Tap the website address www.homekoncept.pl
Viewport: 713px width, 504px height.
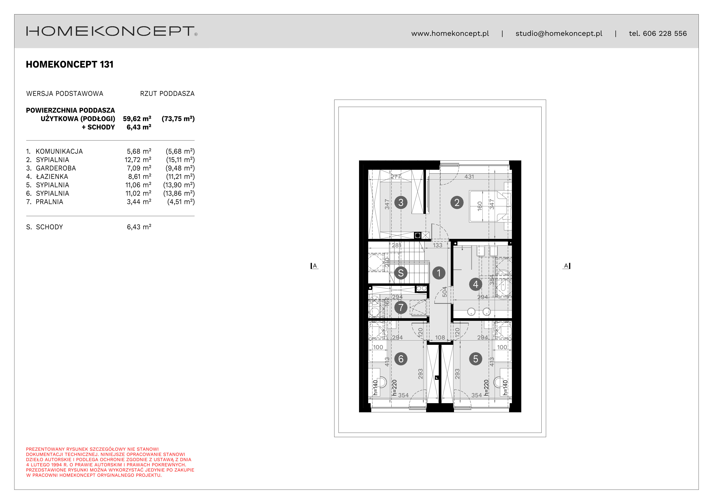pos(450,34)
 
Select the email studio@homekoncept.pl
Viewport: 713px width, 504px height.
pos(559,34)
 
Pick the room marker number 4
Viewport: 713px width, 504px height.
pos(476,284)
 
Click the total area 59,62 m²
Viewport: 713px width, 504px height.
pos(137,119)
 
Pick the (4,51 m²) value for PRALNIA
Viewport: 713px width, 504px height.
pos(181,202)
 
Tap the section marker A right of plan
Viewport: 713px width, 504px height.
pos(566,266)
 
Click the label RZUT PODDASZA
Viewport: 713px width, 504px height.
pos(167,94)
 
